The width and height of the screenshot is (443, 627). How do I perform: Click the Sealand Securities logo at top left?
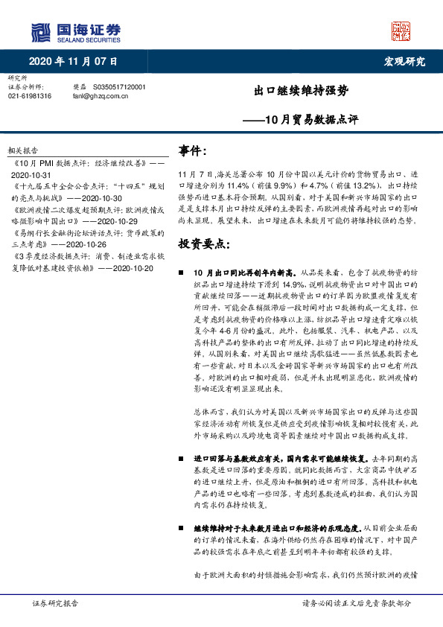75,31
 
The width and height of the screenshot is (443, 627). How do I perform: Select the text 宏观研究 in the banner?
404,61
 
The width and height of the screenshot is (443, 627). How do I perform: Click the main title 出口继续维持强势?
301,92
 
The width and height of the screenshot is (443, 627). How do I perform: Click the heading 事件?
193,151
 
